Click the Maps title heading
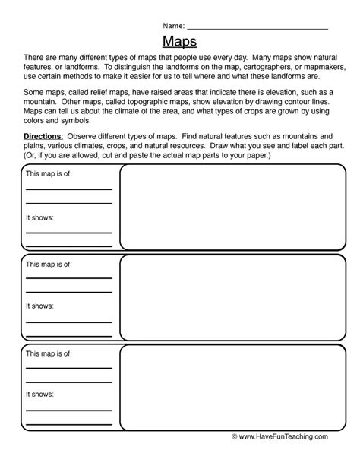pyautogui.click(x=179, y=41)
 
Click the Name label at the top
pyautogui.click(x=172, y=26)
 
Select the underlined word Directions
pyautogui.click(x=45, y=135)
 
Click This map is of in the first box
pyautogui.click(x=49, y=173)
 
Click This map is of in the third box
pyautogui.click(x=49, y=353)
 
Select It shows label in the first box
pyautogui.click(x=39, y=217)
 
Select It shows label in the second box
pyautogui.click(x=39, y=306)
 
